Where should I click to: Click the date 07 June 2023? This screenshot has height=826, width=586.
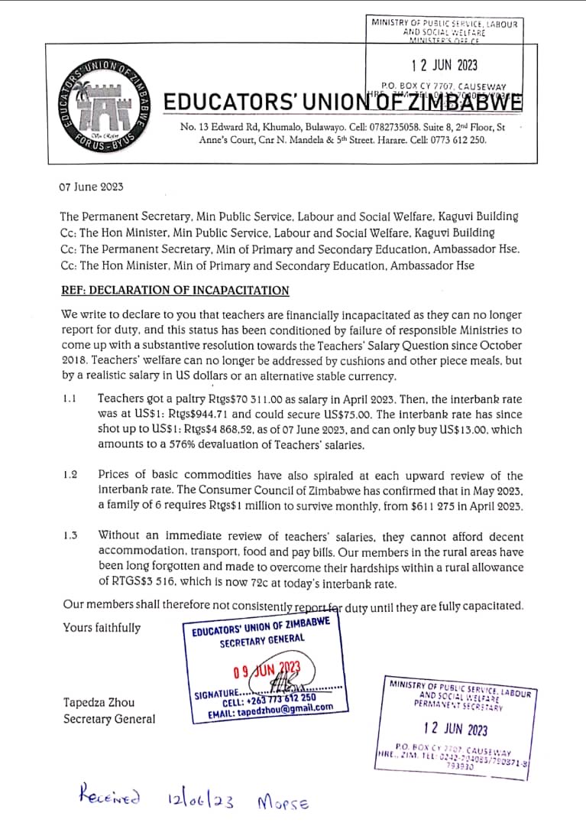(91, 187)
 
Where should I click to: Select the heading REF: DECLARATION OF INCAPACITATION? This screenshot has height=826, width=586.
(174, 290)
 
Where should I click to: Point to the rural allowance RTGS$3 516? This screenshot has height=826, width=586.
(134, 584)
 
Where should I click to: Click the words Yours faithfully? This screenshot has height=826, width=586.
(102, 628)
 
